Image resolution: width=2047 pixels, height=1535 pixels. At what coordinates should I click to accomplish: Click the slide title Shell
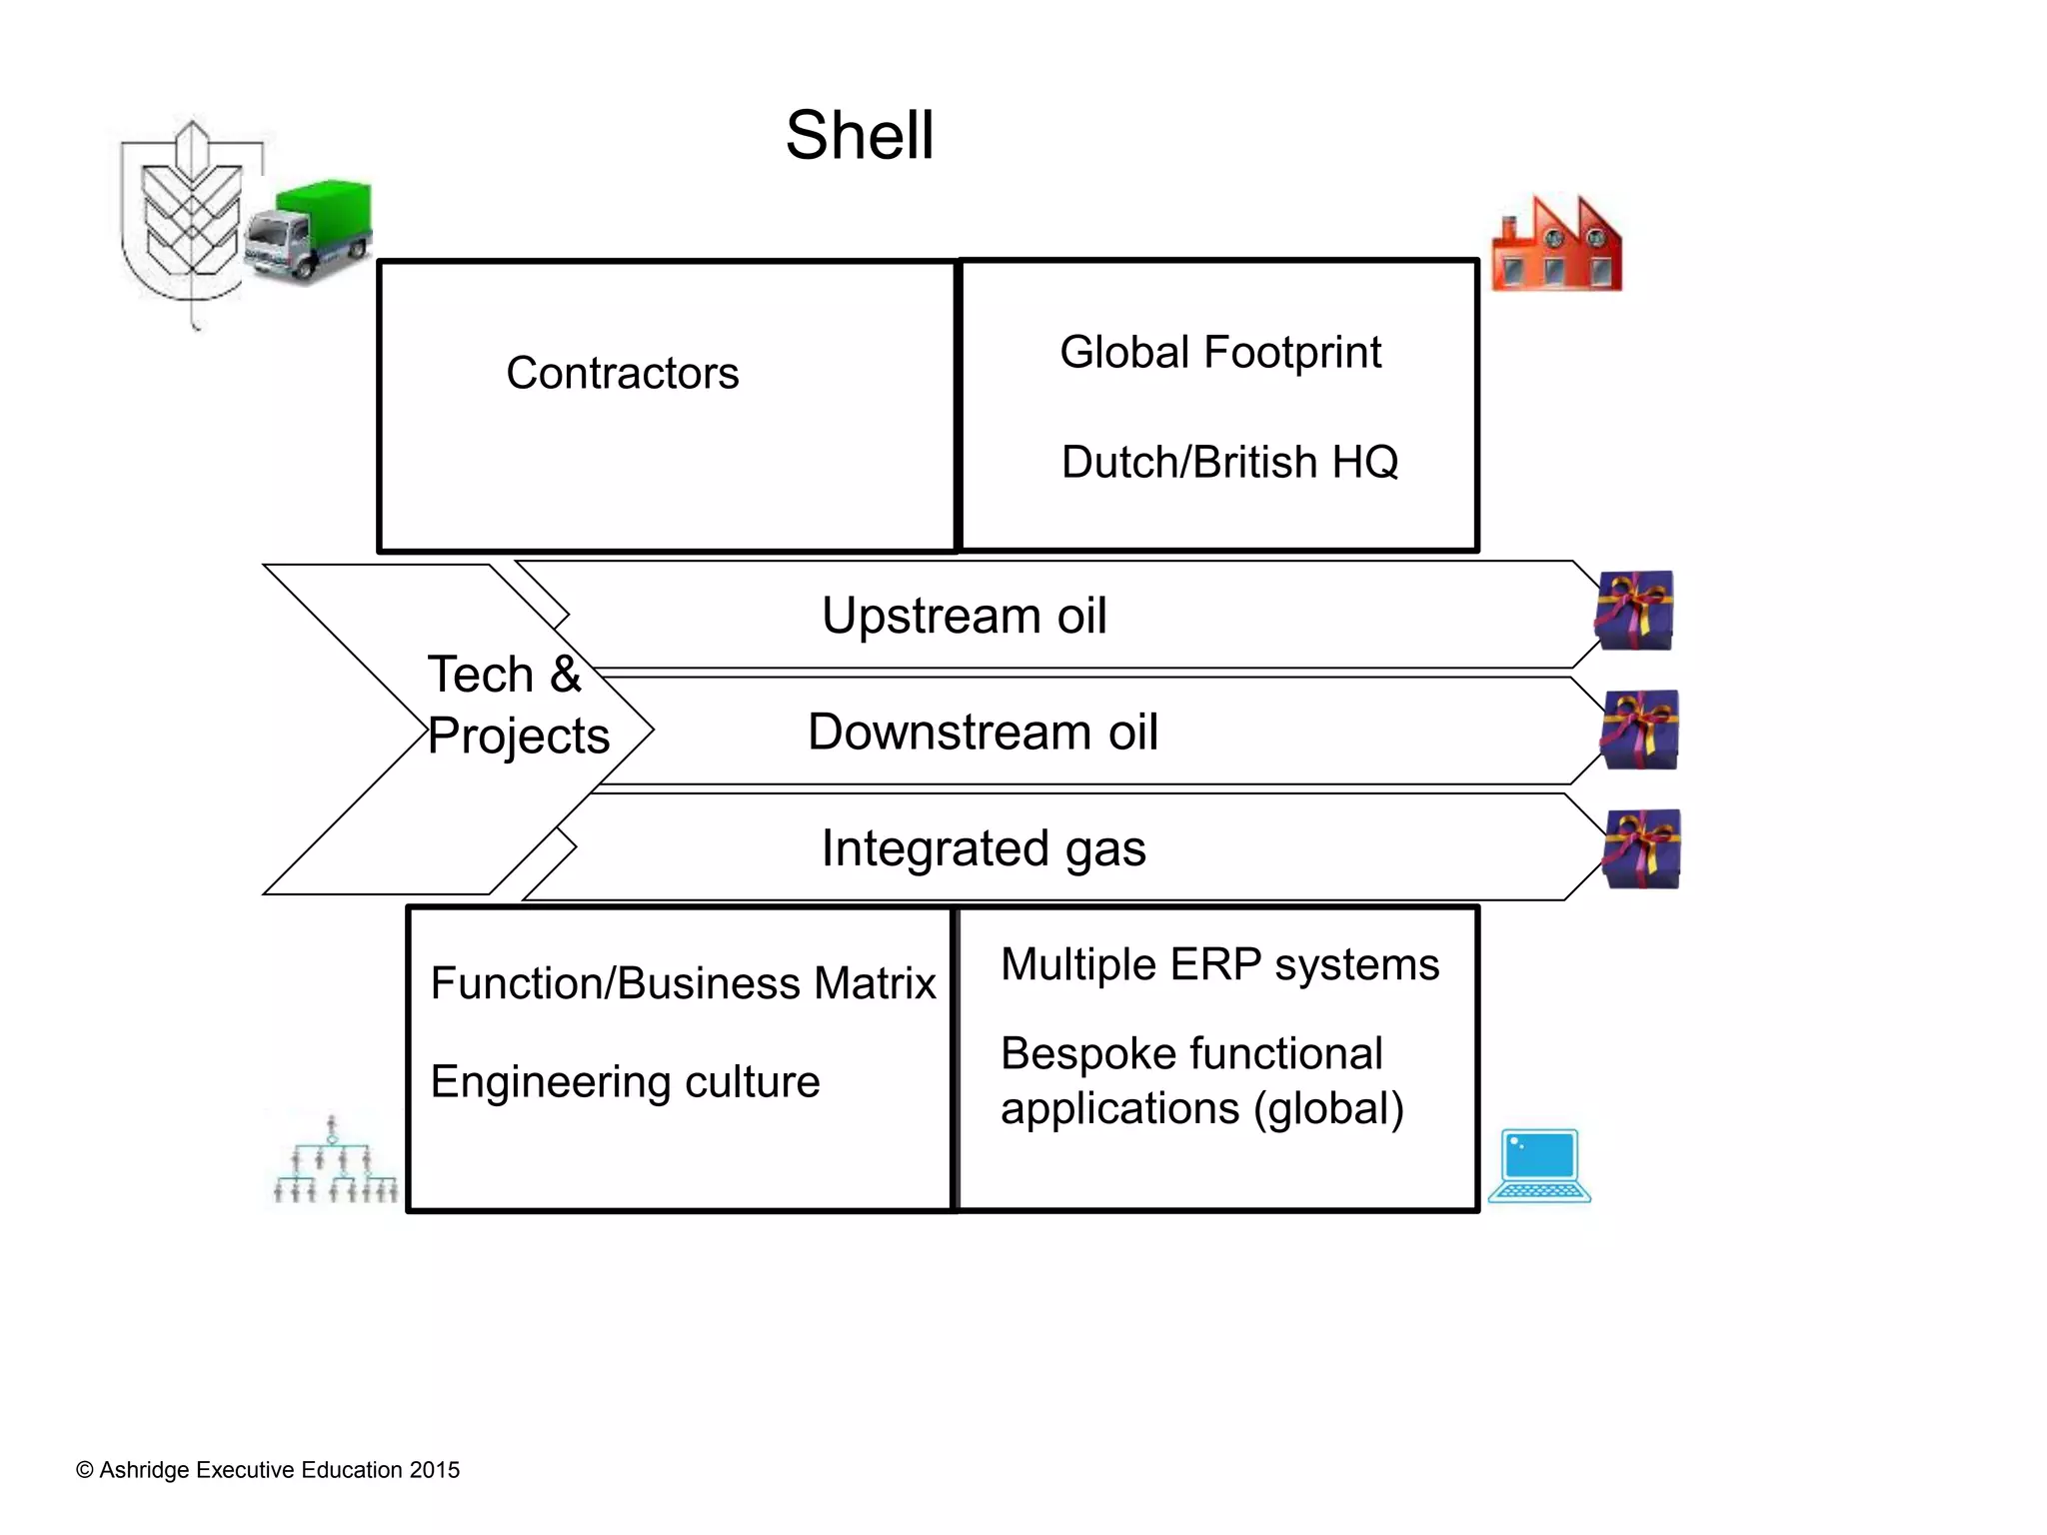[860, 135]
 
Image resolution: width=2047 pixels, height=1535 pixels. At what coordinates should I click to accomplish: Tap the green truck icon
[310, 232]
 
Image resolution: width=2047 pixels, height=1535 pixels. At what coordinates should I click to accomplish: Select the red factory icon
[1556, 245]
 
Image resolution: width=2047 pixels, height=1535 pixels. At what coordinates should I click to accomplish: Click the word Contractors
[622, 374]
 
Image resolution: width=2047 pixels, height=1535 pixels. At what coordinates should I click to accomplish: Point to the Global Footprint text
[1219, 353]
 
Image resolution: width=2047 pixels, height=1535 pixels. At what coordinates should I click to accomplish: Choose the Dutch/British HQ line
[1229, 463]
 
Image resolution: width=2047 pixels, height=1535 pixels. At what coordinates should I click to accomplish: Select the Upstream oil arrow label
[964, 616]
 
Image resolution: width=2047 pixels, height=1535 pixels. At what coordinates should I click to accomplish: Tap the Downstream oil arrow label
[983, 733]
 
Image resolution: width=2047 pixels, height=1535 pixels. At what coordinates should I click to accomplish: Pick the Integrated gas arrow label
[983, 848]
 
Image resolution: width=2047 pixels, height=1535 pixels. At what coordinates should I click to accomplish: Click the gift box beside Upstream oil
[1634, 611]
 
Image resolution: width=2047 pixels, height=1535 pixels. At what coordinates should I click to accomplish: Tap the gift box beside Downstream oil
[1639, 730]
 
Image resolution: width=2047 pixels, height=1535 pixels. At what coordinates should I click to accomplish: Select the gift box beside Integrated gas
[1641, 848]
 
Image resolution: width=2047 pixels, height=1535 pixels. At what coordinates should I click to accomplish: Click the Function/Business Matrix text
[683, 983]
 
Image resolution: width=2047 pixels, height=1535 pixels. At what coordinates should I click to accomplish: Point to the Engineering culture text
[625, 1082]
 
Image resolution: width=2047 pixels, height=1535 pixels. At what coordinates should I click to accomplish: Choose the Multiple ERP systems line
[1219, 965]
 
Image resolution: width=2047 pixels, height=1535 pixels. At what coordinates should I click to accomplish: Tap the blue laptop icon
[1539, 1165]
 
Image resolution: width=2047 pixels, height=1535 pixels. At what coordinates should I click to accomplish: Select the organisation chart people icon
[335, 1162]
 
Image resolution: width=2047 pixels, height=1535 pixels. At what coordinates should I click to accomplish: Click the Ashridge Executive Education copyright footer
[268, 1470]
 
